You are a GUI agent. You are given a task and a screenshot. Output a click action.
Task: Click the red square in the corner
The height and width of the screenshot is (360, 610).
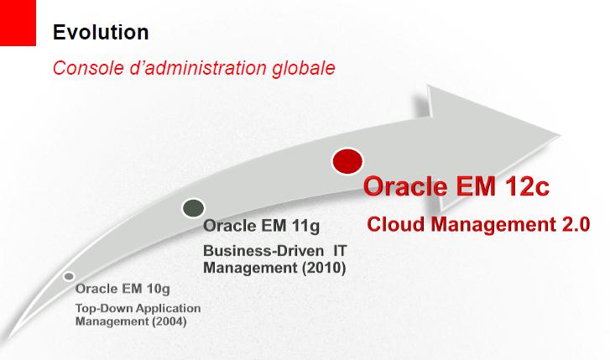(18, 23)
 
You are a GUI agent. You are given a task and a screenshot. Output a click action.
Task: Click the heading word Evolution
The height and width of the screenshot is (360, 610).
(101, 32)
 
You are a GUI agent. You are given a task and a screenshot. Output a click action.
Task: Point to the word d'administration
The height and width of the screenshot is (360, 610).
(198, 68)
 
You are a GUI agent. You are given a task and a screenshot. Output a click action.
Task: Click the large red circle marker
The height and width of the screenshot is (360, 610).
(347, 161)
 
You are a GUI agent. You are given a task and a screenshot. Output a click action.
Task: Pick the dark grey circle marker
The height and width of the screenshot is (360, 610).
(193, 208)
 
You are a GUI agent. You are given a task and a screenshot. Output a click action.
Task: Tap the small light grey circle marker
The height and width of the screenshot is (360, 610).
(69, 276)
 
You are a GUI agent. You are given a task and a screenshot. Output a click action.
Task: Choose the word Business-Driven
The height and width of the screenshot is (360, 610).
(263, 251)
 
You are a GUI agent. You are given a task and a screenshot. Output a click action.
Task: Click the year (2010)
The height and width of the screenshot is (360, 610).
(324, 268)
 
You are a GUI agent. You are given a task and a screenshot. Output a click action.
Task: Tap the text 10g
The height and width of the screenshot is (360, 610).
(159, 290)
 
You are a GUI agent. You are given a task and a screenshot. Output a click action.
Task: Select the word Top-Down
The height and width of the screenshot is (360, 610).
(100, 308)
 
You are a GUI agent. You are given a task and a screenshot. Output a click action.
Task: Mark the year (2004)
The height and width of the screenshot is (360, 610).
(169, 321)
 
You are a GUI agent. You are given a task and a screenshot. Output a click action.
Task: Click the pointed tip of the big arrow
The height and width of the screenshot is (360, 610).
(560, 136)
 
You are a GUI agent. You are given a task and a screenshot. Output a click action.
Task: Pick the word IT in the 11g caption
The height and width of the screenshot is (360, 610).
(340, 251)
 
